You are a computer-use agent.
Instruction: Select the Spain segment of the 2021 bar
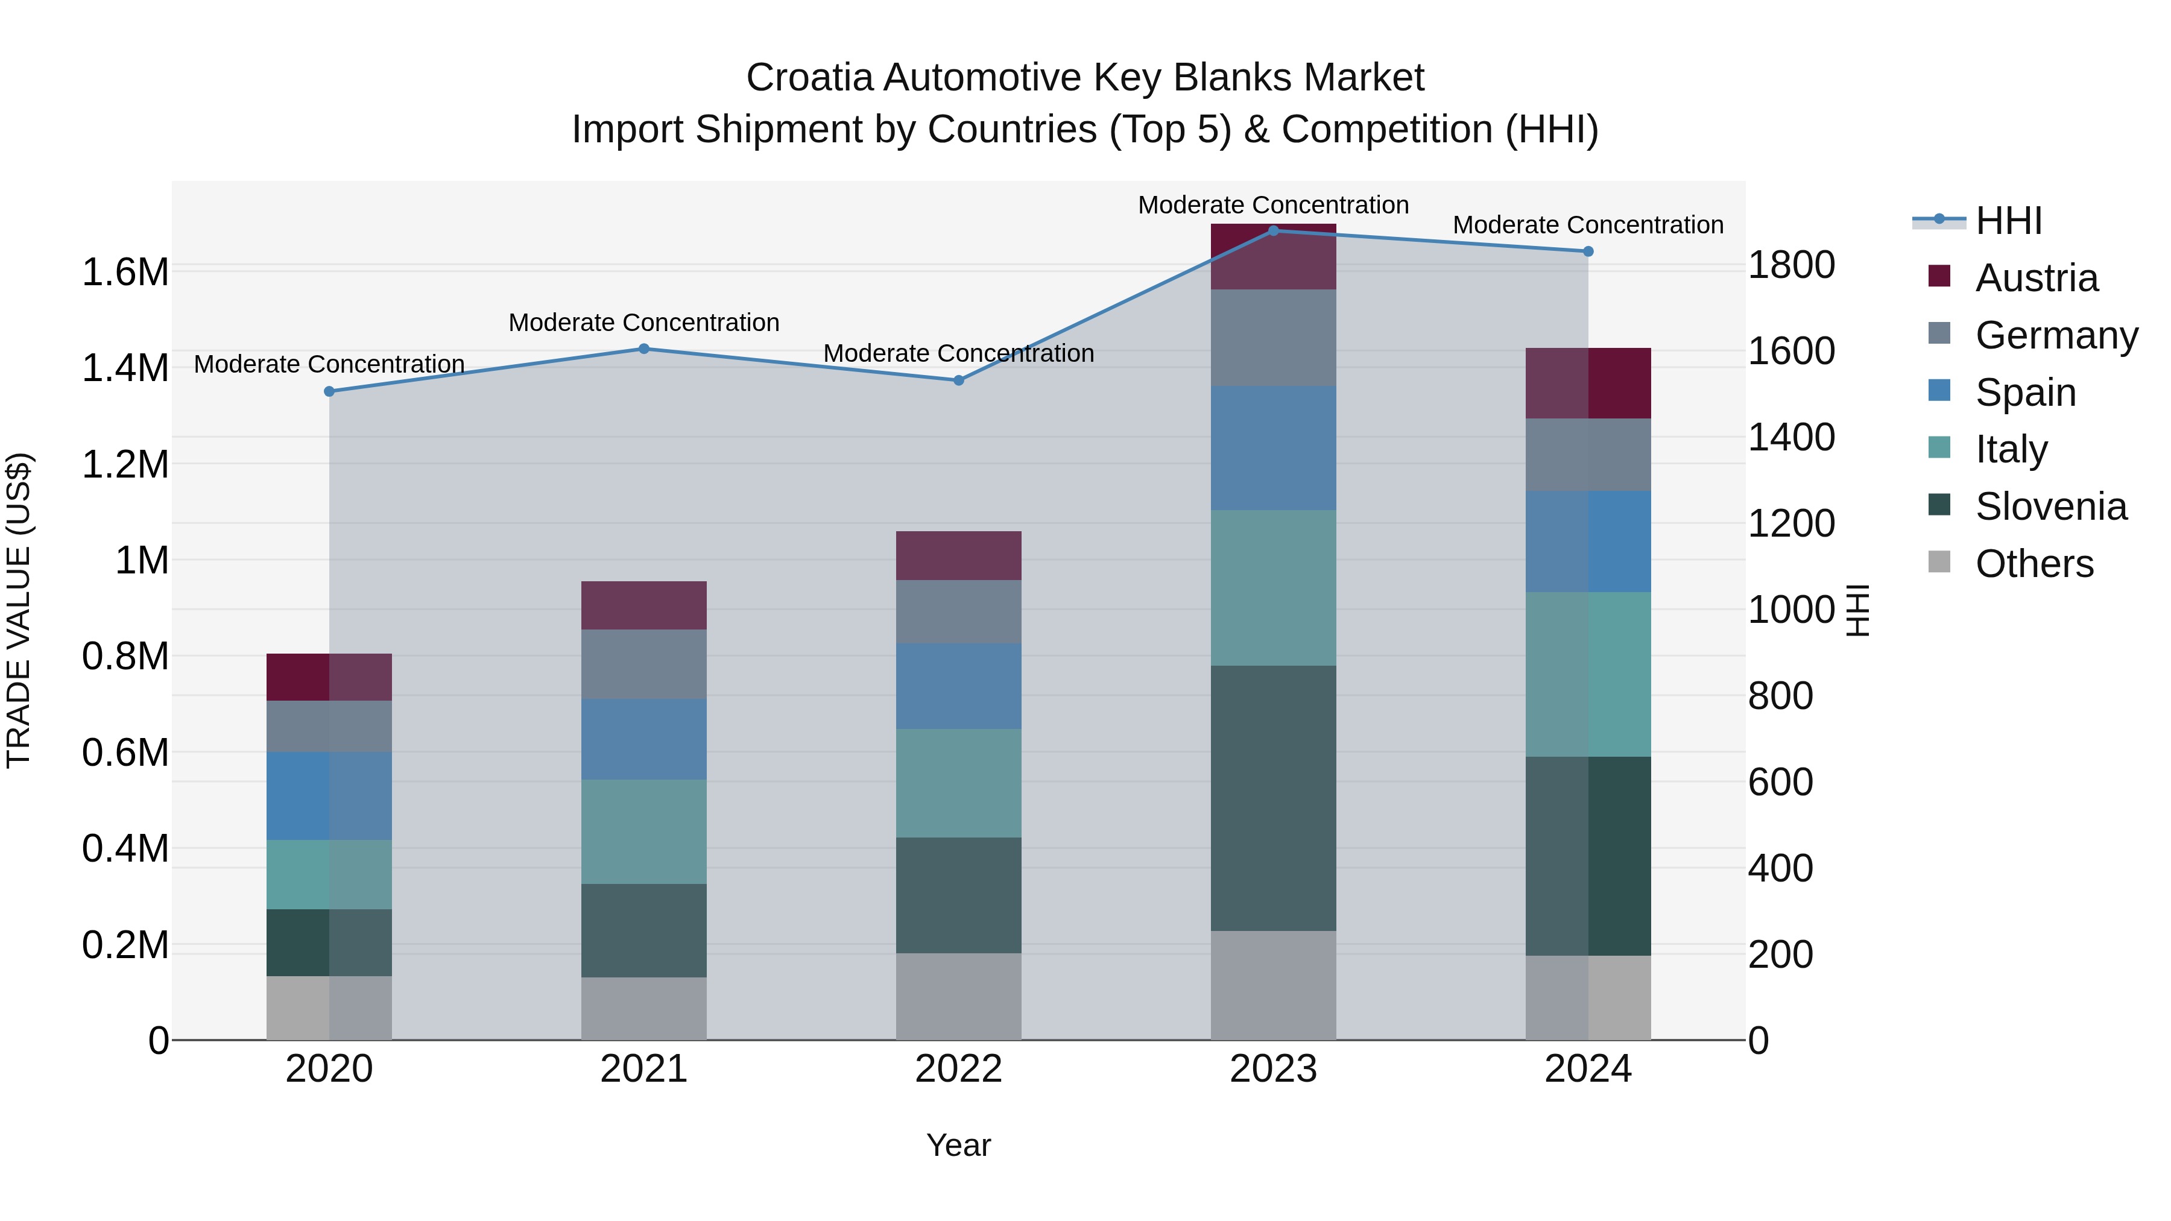coord(644,739)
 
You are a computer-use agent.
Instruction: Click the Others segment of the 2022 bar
coord(958,996)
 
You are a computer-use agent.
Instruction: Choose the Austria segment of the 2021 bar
coord(644,605)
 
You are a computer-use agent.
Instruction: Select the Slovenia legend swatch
coord(1939,505)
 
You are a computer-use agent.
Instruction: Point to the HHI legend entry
coord(2008,221)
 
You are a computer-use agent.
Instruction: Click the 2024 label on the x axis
coord(1588,1069)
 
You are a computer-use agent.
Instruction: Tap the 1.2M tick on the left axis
coord(125,464)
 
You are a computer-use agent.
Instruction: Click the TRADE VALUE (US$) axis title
coord(19,610)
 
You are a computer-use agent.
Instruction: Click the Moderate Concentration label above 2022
coord(958,353)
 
